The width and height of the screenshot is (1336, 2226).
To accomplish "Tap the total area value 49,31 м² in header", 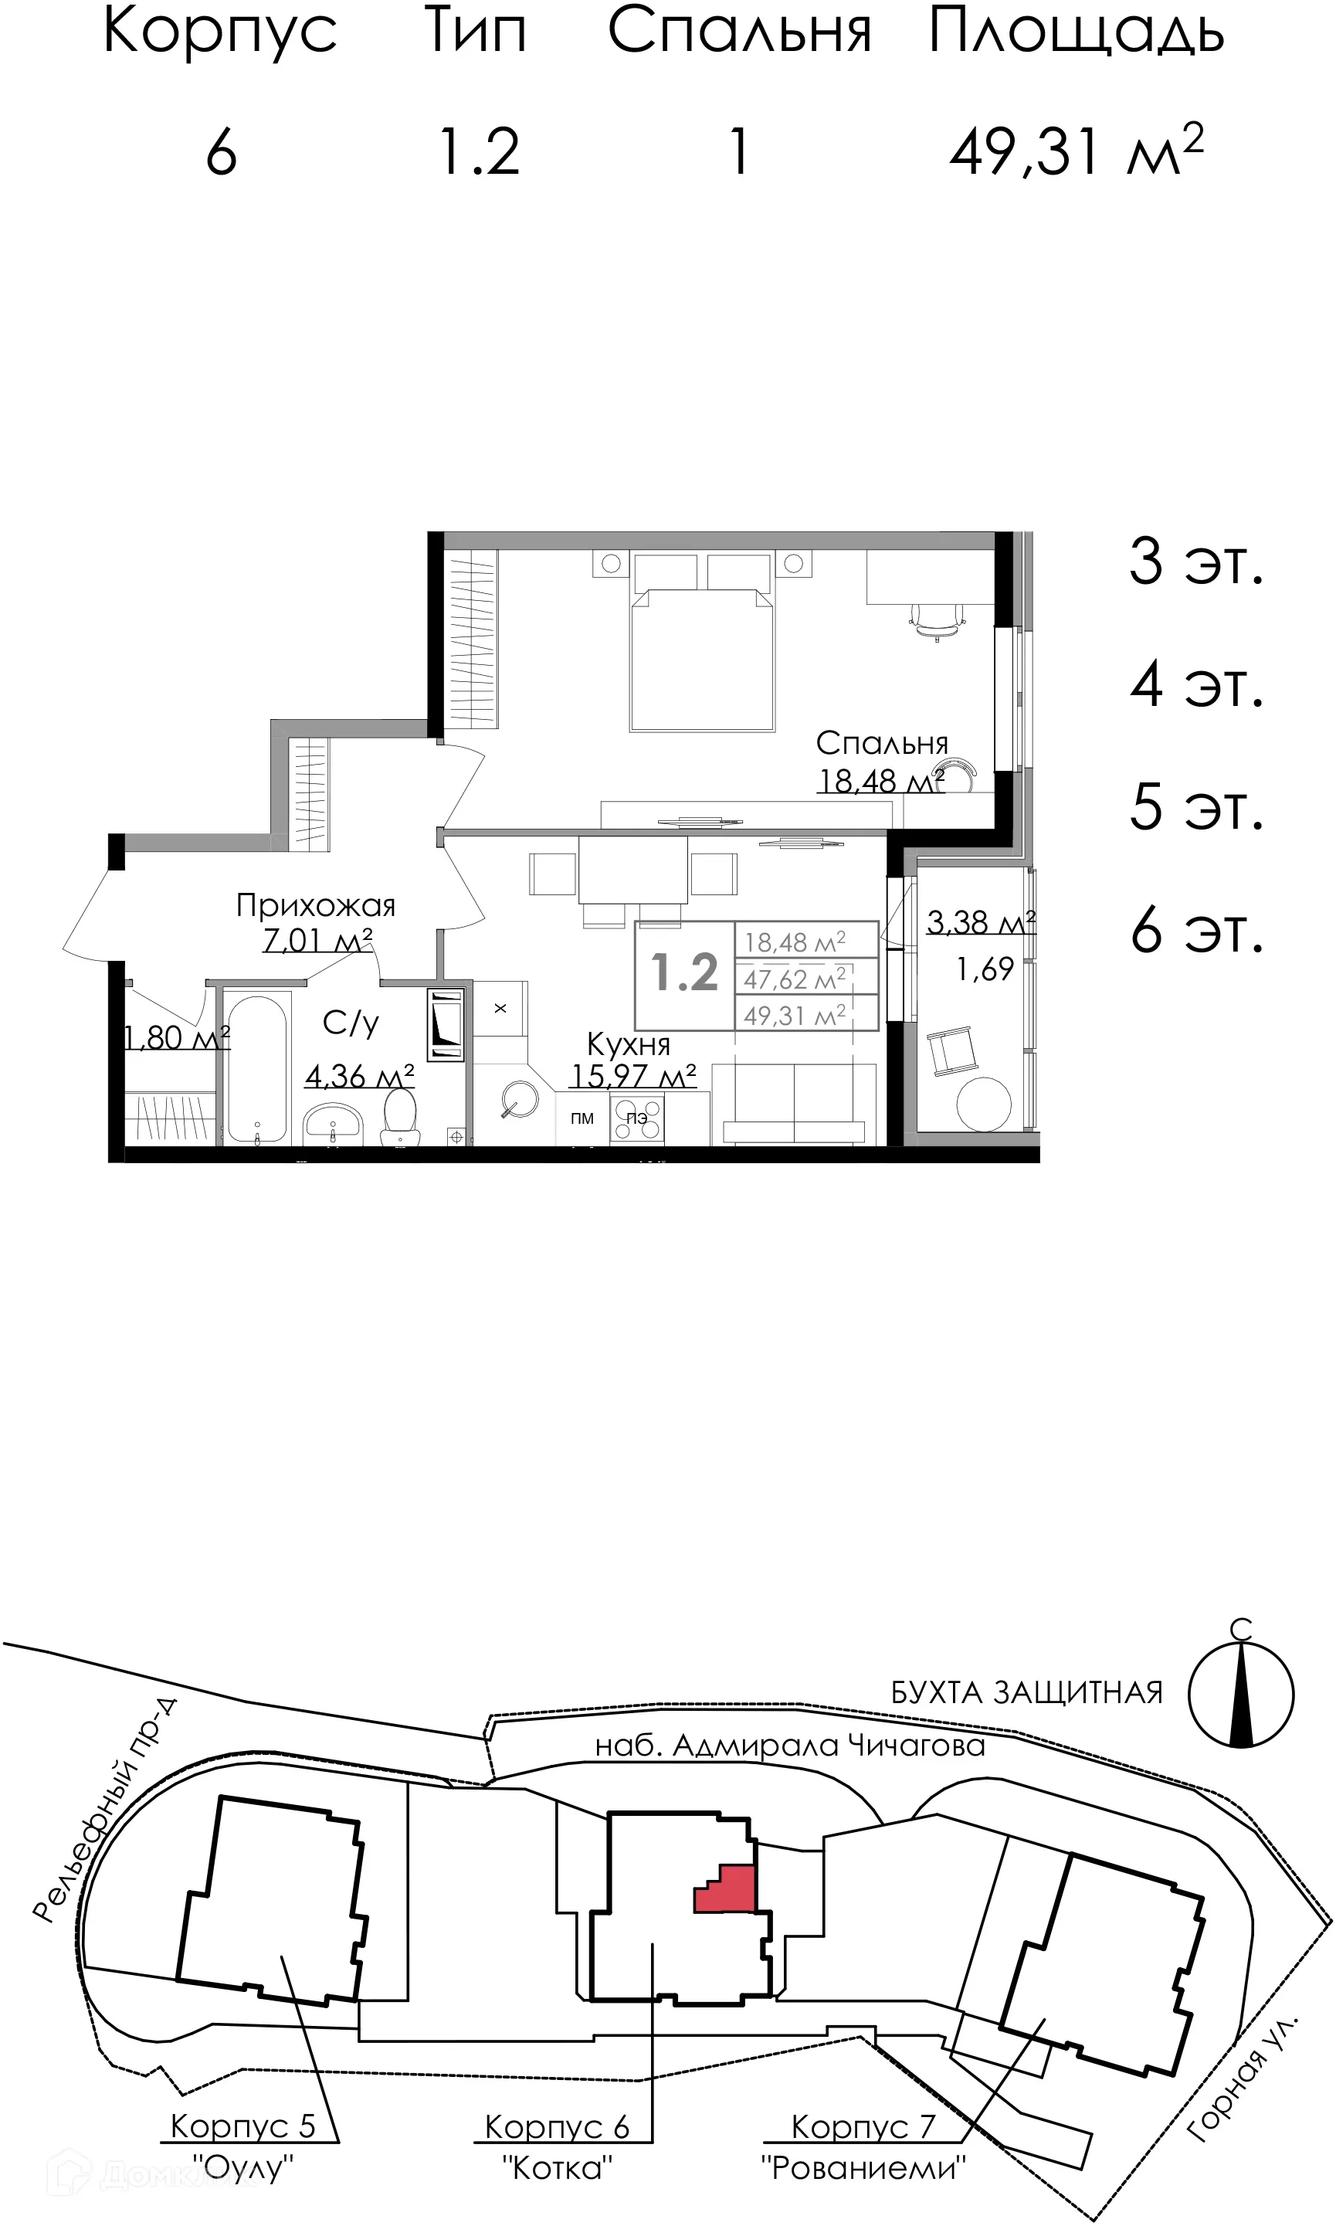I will [x=1075, y=151].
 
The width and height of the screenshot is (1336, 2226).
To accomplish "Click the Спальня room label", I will [x=881, y=744].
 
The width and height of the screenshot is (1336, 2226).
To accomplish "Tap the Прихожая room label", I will [x=315, y=905].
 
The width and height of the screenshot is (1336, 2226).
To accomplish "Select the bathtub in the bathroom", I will [x=256, y=1067].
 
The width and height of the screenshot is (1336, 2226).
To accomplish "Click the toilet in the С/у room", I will [x=400, y=1116].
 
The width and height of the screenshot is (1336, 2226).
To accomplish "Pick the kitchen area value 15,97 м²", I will [x=633, y=1077].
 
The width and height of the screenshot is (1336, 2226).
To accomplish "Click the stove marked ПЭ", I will [x=636, y=1119].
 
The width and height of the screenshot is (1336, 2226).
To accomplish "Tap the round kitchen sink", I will [x=518, y=1099].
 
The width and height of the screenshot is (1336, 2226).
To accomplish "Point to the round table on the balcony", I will [x=984, y=1104].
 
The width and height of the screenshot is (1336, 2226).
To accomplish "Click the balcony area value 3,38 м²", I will [x=981, y=923].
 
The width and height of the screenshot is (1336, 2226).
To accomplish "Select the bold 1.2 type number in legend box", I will [x=684, y=974].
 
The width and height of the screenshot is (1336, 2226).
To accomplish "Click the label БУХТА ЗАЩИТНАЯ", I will [x=1026, y=1693].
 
